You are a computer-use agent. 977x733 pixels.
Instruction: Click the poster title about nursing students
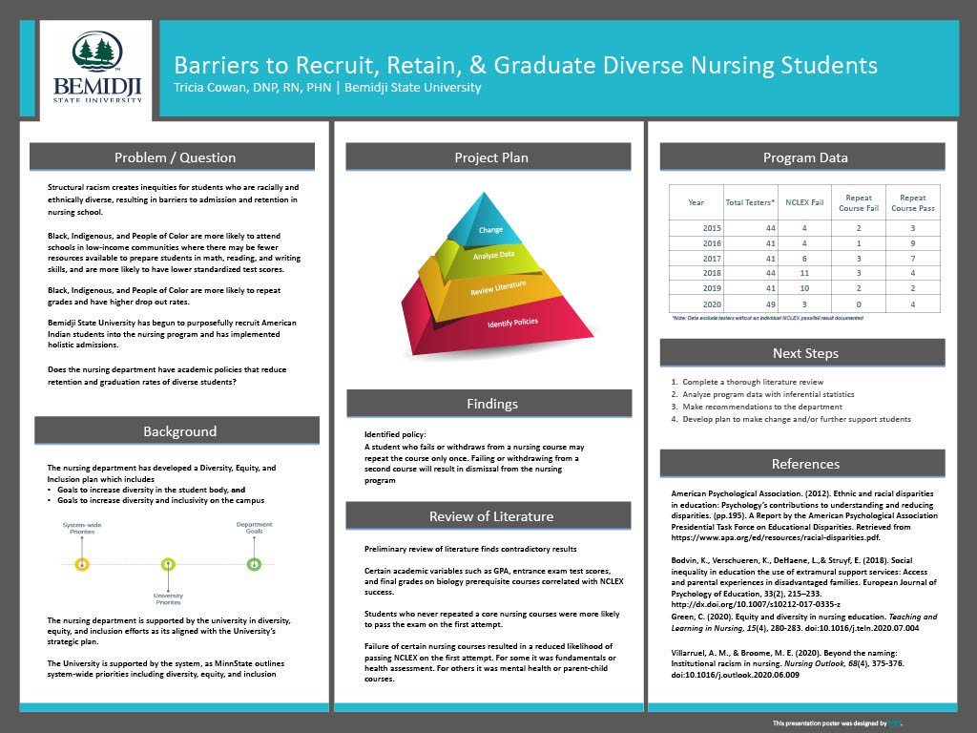(x=525, y=65)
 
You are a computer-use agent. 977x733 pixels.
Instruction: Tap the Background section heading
(x=179, y=431)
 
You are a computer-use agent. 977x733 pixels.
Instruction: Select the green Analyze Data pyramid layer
(x=493, y=255)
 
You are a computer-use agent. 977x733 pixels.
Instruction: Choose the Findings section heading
(x=492, y=404)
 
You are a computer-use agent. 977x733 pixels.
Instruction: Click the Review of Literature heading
(x=490, y=516)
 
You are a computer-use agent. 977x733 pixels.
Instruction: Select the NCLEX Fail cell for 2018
(x=803, y=273)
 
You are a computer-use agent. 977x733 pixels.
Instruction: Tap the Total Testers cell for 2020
(x=750, y=304)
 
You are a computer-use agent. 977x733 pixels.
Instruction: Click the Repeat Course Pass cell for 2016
(x=913, y=243)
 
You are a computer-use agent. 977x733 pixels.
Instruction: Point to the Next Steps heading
(x=805, y=353)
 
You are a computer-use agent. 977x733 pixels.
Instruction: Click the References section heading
(x=805, y=464)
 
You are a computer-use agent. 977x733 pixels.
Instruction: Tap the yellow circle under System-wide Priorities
(x=82, y=564)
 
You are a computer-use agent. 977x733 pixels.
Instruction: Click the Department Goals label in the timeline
(x=254, y=528)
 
